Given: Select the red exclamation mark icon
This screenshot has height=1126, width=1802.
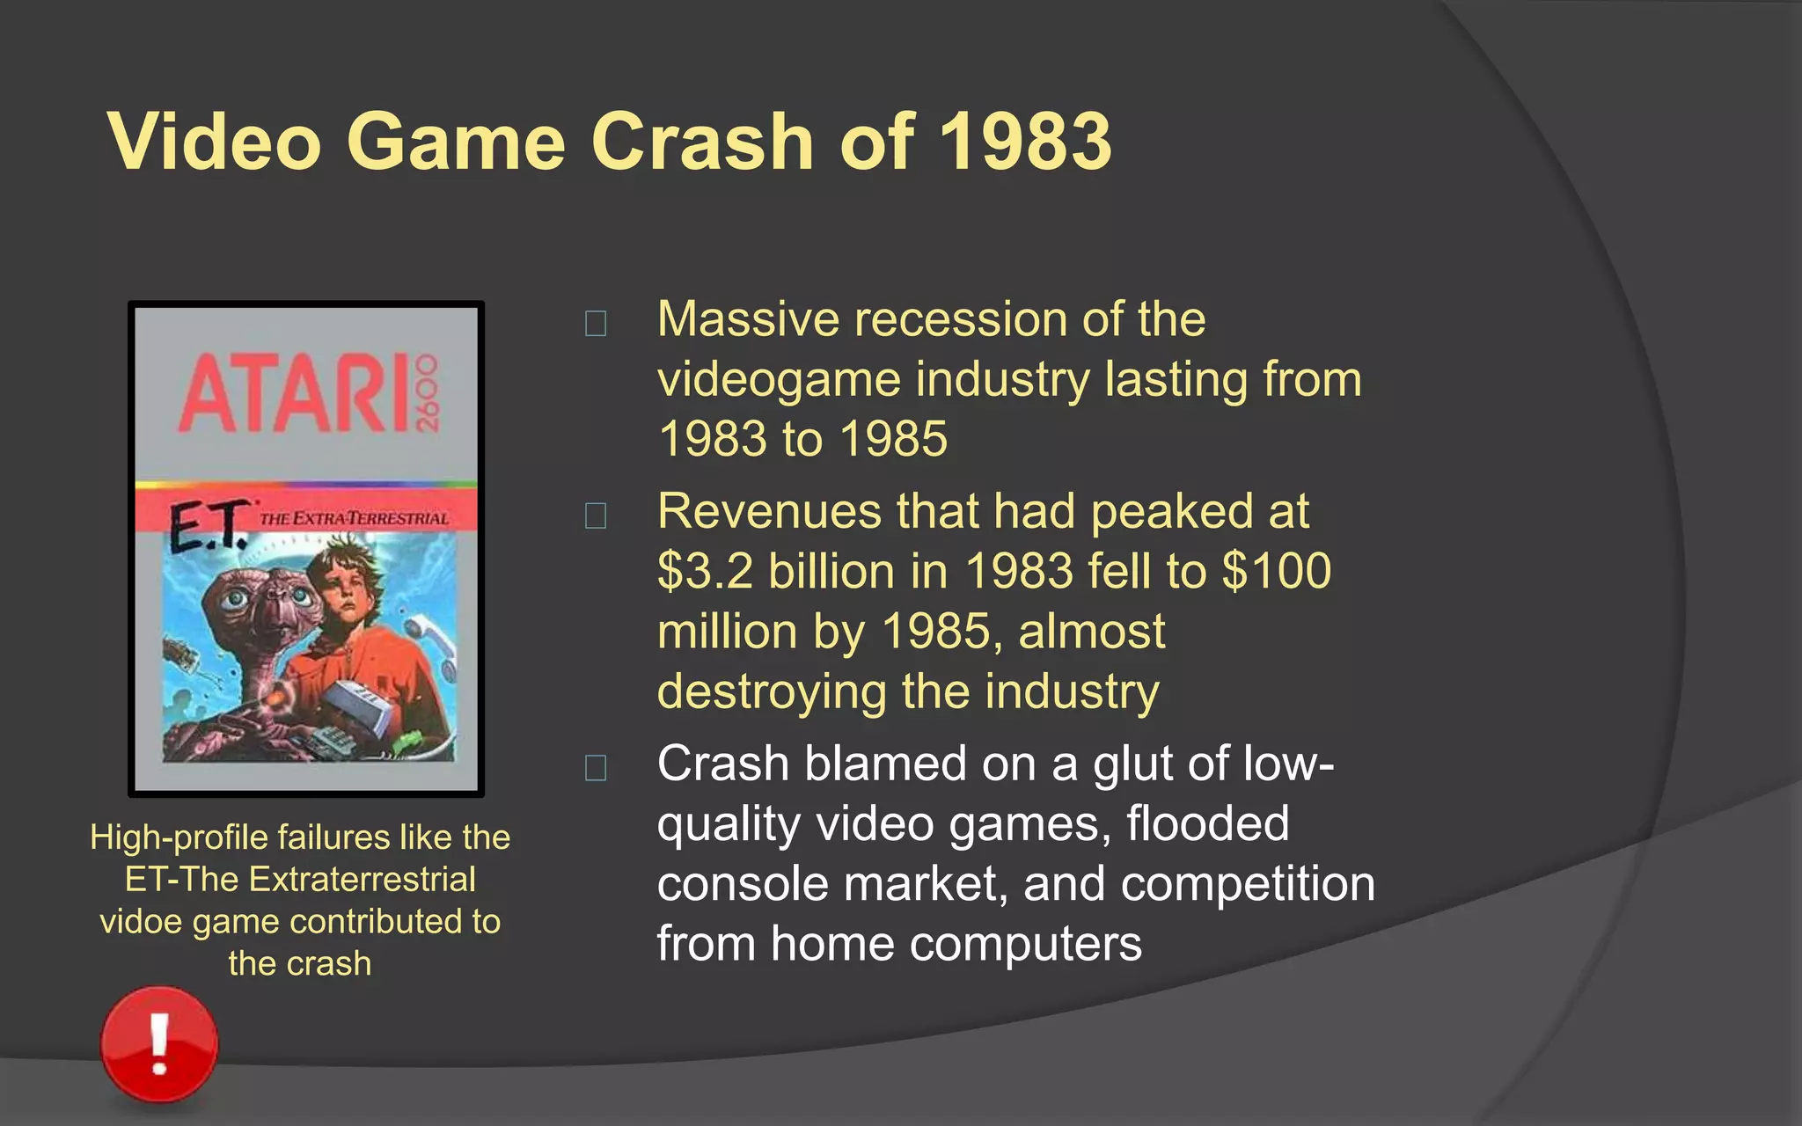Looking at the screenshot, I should pos(159,1043).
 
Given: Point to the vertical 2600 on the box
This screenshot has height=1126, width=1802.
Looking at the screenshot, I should pos(426,393).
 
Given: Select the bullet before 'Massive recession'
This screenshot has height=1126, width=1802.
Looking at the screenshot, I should pos(596,324).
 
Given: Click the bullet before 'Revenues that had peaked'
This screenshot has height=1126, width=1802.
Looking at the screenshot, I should pos(596,515).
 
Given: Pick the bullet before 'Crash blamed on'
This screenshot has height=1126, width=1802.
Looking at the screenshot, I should pos(596,768).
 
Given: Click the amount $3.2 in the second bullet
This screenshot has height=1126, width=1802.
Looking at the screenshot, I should pos(705,572).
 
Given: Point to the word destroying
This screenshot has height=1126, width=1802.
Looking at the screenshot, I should pos(771,692).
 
